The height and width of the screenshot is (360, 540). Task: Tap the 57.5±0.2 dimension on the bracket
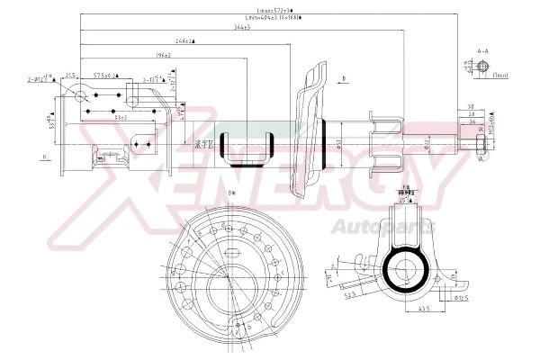[x=106, y=76]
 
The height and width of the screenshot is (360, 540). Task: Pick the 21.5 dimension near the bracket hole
[x=69, y=76]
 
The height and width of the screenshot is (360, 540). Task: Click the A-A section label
[x=482, y=51]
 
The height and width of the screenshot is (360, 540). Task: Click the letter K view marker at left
[x=42, y=158]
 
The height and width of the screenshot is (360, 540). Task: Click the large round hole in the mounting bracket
[x=82, y=97]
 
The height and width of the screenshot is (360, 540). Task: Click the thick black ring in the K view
[x=402, y=268]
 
